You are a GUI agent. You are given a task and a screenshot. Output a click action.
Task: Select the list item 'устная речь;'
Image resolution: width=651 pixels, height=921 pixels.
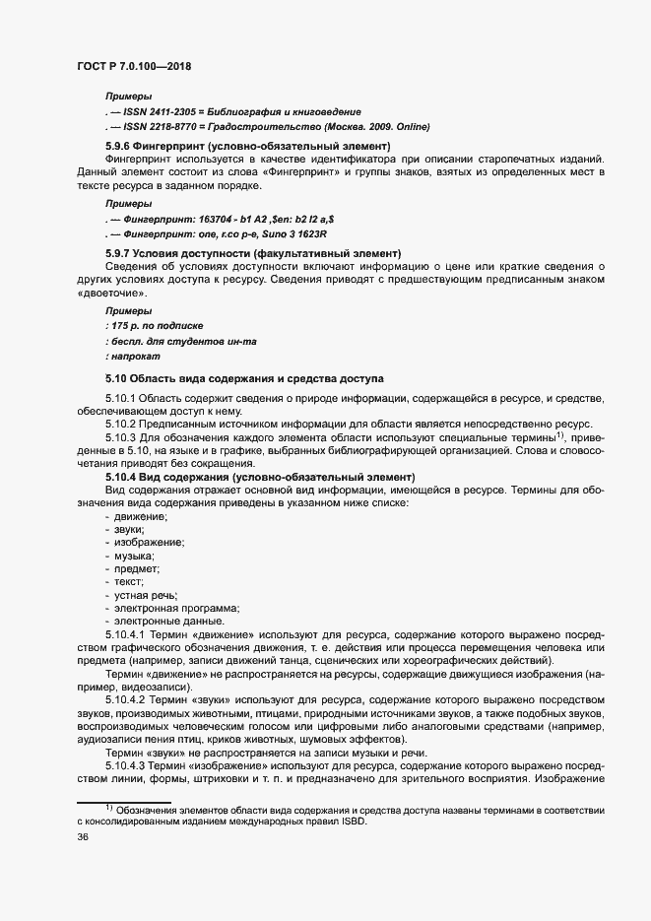pyautogui.click(x=144, y=595)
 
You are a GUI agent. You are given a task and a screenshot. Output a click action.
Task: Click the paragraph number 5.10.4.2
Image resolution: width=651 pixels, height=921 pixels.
pyautogui.click(x=127, y=698)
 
